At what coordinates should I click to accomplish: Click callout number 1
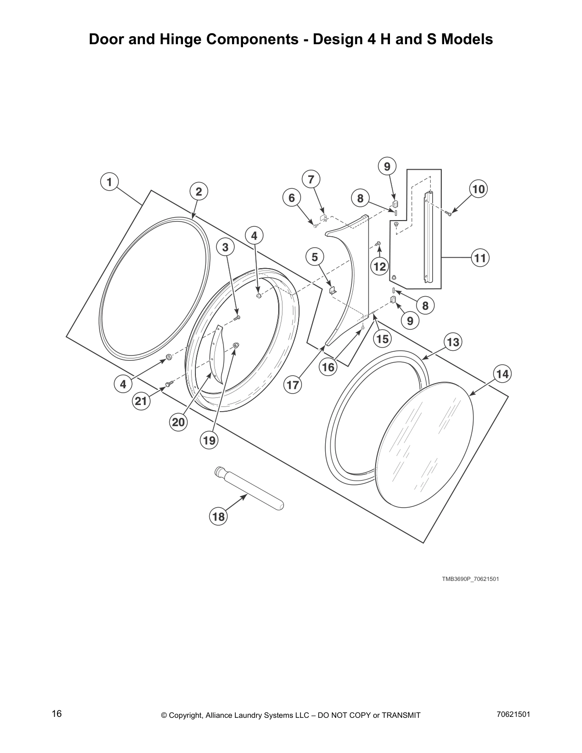coord(109,182)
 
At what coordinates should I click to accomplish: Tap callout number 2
coord(199,192)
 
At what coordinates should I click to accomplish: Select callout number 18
coord(218,516)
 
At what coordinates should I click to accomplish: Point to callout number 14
coord(502,374)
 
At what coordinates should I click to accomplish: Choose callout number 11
coord(480,258)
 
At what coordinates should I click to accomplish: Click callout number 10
coord(478,189)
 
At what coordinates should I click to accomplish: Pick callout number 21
coord(141,401)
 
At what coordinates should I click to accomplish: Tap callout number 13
coord(453,342)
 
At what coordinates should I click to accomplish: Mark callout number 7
coord(311,180)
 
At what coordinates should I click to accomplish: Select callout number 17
coord(293,384)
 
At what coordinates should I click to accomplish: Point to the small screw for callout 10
coord(448,214)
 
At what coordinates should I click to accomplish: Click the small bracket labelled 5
coord(333,290)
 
